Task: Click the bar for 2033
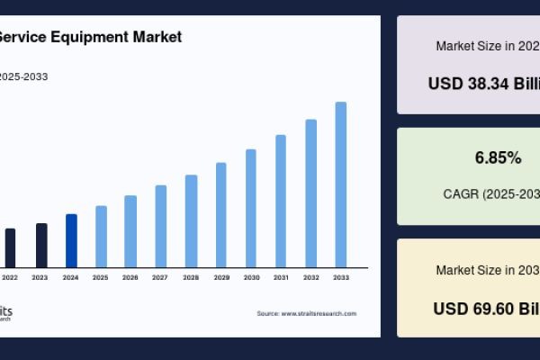point(341,184)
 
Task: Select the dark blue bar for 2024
point(71,240)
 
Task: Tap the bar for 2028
point(191,220)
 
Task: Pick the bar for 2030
point(251,208)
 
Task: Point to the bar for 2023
point(41,245)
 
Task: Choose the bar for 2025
point(101,236)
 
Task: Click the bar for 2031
point(281,201)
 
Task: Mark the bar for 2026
point(130,230)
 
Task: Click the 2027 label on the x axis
point(160,278)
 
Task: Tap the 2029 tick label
point(220,278)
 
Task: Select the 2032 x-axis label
point(310,278)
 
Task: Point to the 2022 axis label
point(10,278)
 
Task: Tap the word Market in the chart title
point(158,38)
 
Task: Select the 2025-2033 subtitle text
point(24,76)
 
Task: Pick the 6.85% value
point(498,158)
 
